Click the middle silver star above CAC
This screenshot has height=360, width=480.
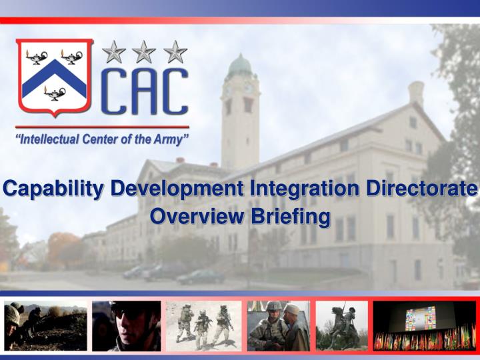(x=144, y=51)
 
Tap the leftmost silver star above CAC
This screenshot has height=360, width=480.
(x=113, y=51)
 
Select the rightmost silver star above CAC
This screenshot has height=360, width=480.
(x=175, y=51)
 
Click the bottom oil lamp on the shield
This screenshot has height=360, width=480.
(x=55, y=93)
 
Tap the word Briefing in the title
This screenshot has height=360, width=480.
(x=290, y=217)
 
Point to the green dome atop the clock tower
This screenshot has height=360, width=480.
(x=239, y=67)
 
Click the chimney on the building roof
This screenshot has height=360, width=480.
(x=416, y=94)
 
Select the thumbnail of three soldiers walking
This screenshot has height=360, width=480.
(x=203, y=326)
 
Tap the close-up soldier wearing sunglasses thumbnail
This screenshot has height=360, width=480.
(x=126, y=326)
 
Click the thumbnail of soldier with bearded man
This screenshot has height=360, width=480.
(x=277, y=326)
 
